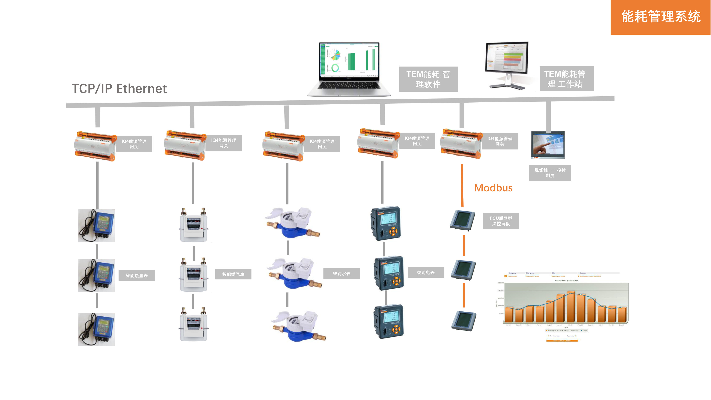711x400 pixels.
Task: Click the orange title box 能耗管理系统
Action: pos(661,17)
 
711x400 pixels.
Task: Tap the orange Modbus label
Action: pos(493,188)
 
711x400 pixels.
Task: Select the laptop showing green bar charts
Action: pos(349,69)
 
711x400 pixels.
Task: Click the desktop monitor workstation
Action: pos(507,65)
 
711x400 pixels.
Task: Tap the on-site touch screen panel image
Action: pos(548,145)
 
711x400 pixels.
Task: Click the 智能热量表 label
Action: pos(137,276)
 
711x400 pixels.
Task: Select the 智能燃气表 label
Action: pos(233,274)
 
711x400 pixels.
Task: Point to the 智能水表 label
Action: pos(341,274)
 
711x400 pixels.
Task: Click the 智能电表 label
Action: pos(426,273)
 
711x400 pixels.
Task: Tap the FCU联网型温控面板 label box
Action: pos(501,221)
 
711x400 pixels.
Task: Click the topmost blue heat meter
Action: pos(97,226)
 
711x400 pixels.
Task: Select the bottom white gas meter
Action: pos(194,325)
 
